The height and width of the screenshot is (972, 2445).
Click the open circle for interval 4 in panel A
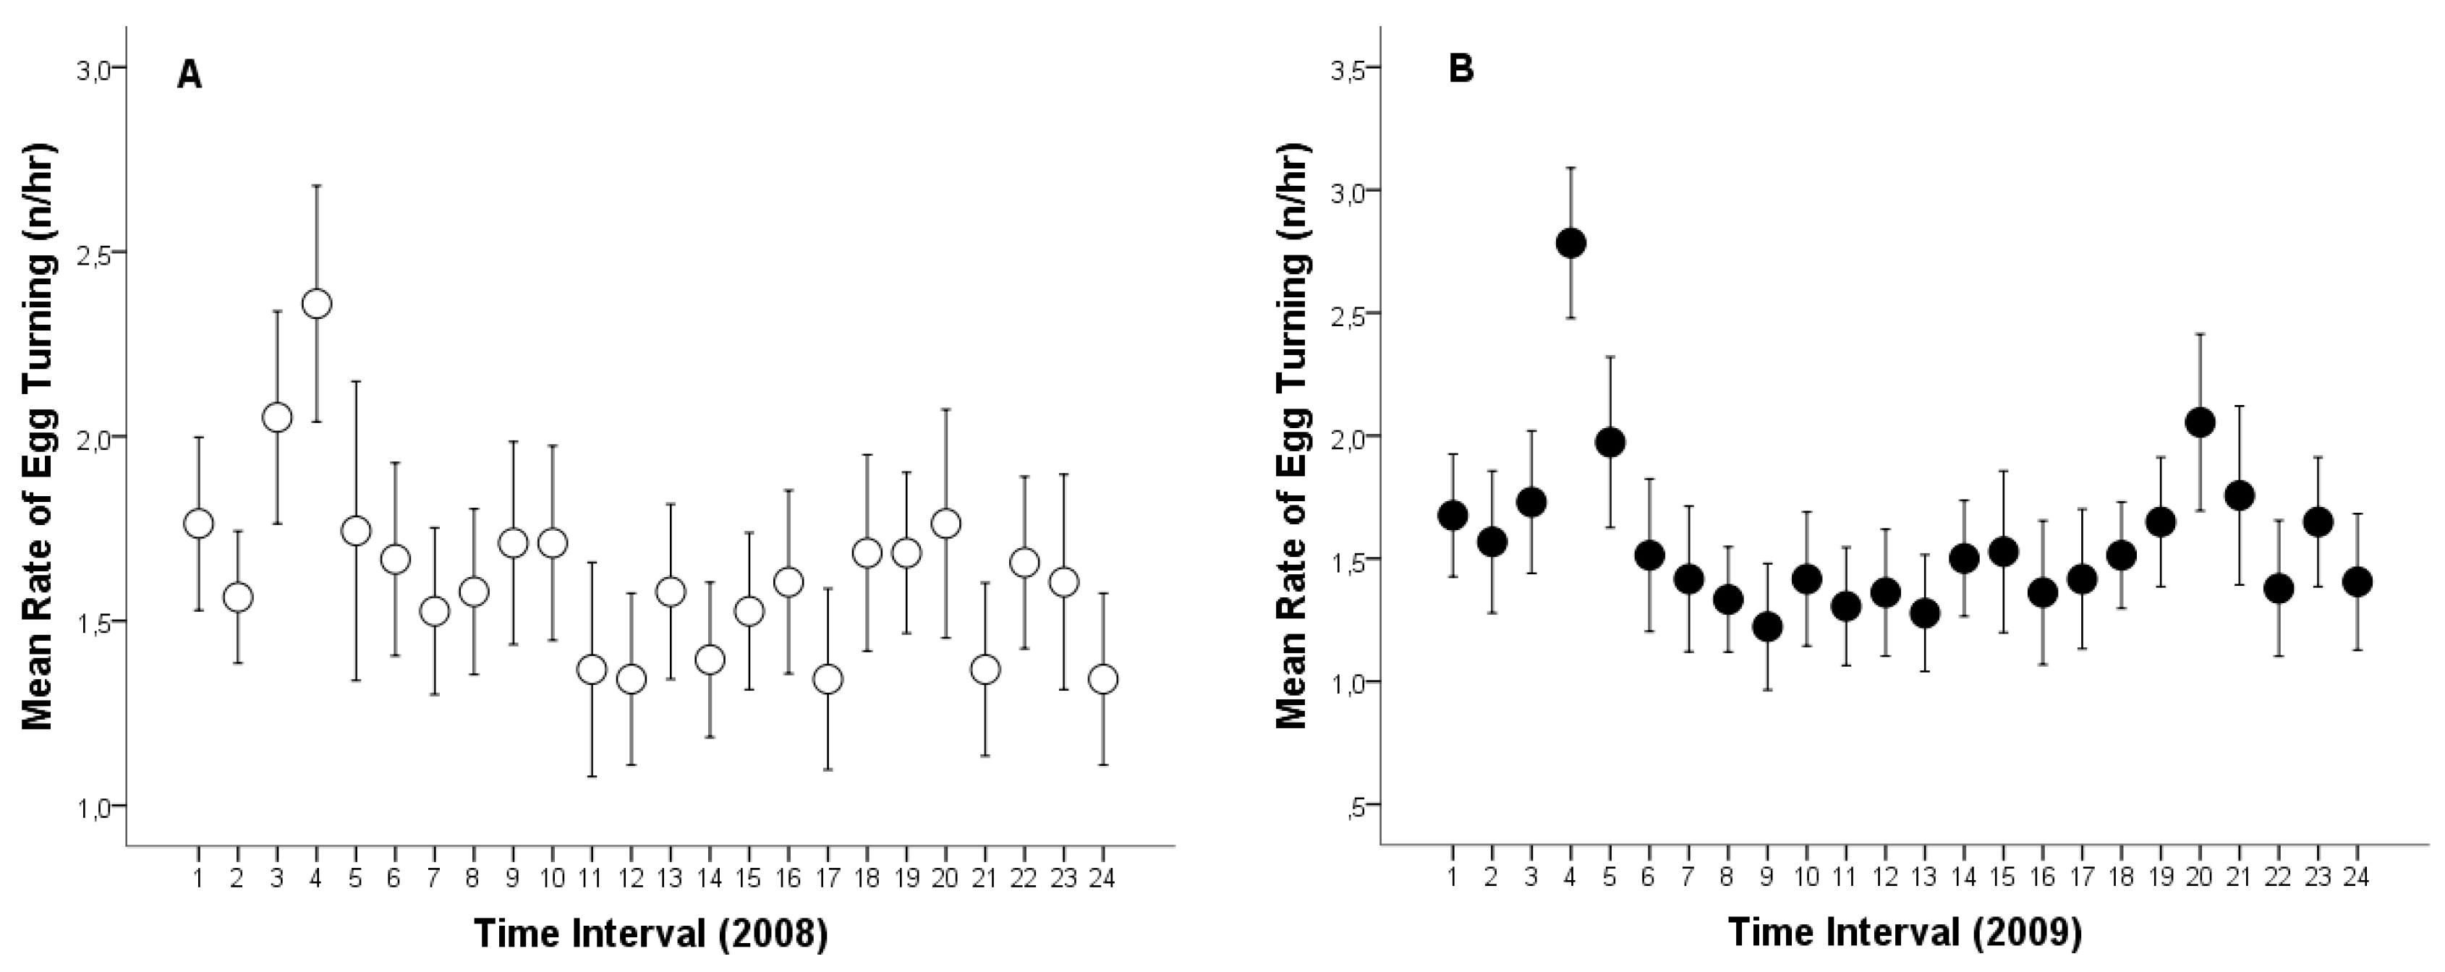pos(316,304)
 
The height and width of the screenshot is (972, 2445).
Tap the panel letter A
pos(189,74)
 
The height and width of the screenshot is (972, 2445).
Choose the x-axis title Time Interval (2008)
pos(651,934)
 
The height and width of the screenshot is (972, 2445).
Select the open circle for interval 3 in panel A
pos(277,417)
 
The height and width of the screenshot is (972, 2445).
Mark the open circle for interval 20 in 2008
pos(945,523)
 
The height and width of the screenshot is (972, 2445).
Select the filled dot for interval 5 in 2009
pos(1610,443)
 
